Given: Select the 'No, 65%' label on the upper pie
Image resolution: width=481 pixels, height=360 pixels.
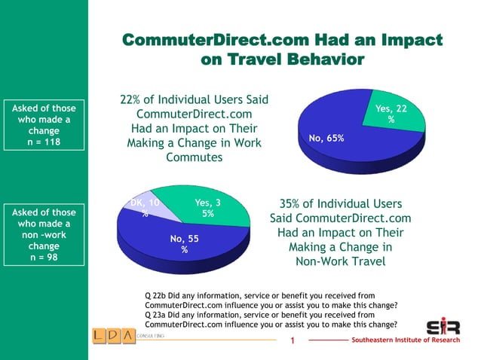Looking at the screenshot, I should (x=326, y=138).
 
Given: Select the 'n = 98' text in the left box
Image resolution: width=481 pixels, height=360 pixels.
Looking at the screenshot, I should (x=44, y=257).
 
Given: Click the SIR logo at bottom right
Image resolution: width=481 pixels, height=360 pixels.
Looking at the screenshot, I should (x=443, y=327).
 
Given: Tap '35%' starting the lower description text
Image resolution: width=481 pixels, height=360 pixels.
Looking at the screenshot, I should (x=293, y=204).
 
